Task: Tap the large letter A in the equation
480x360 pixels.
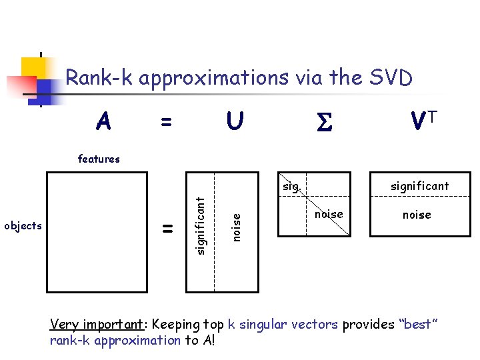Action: click(103, 122)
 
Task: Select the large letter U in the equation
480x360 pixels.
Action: click(234, 121)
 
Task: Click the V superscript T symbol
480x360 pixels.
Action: click(424, 121)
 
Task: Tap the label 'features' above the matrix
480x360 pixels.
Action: click(99, 159)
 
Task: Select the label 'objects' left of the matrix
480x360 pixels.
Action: click(23, 225)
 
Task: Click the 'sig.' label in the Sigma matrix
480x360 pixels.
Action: click(291, 187)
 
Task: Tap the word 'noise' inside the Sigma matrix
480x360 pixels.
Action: click(328, 214)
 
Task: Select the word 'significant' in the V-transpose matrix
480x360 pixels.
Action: click(420, 186)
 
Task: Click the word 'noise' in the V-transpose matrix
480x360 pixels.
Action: click(417, 215)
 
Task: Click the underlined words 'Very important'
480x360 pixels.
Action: click(97, 325)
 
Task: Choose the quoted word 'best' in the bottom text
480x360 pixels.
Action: click(418, 325)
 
